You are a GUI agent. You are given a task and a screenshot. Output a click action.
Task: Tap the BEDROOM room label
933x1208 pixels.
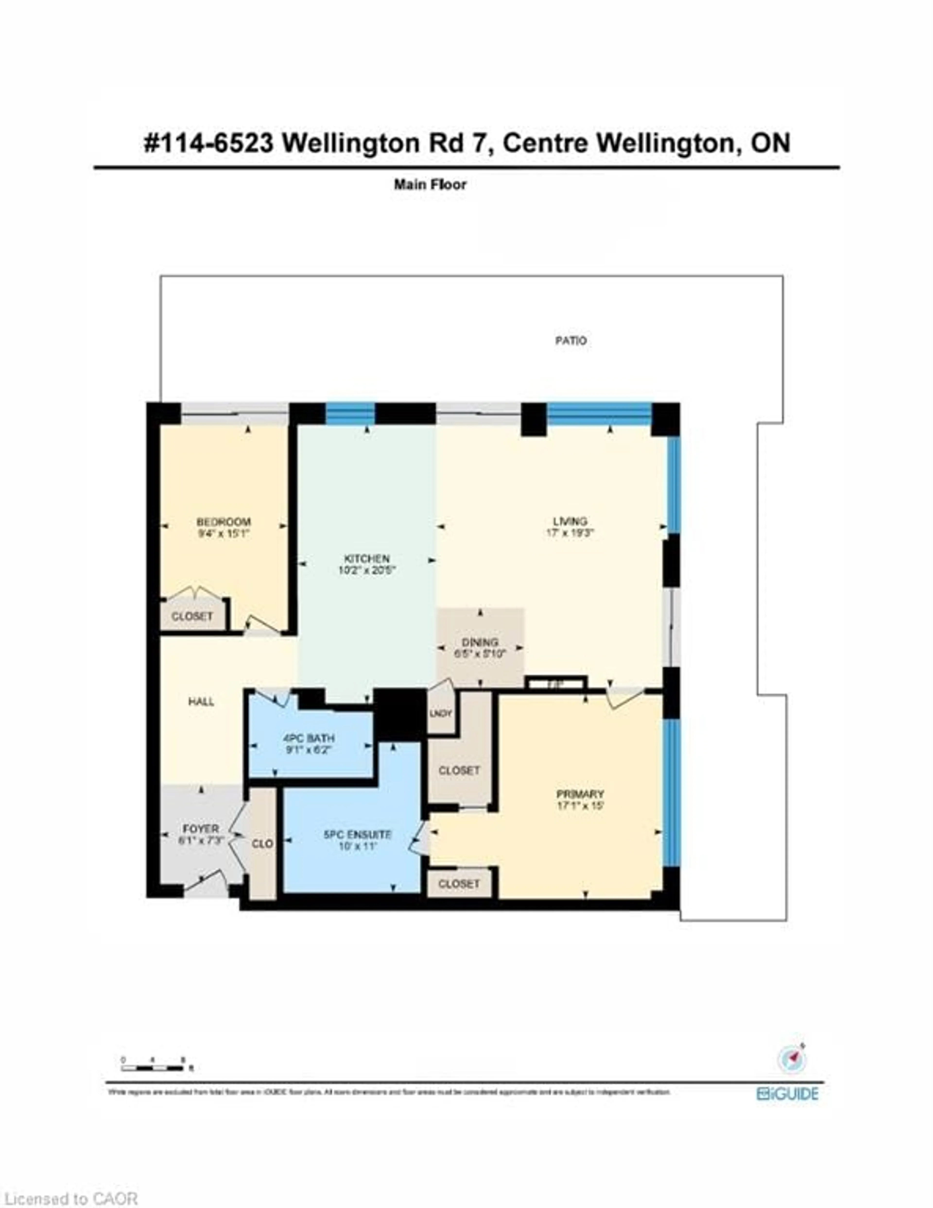(224, 522)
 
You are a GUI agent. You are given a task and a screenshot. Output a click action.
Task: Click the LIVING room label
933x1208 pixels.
(570, 521)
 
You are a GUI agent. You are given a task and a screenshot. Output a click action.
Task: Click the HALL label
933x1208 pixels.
(201, 701)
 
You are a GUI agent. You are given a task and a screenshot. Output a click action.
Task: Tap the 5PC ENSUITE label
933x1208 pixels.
(357, 834)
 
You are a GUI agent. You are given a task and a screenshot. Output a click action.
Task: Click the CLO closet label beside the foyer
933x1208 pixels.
(262, 843)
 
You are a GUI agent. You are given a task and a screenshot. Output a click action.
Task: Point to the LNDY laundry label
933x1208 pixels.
(441, 713)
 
